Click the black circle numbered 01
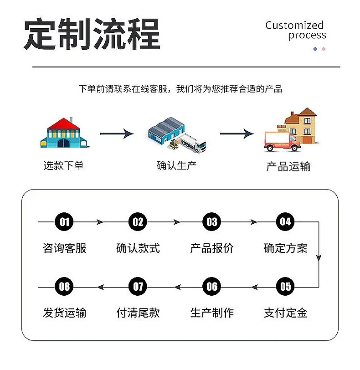pos(64,221)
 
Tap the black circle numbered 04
pos(285,221)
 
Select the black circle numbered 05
pos(285,287)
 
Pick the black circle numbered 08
pos(64,287)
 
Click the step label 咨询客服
pos(64,248)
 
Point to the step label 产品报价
pos(212,248)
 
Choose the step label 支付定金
pos(285,313)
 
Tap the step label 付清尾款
pos(138,313)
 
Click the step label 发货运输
pos(64,313)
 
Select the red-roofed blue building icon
pos(64,133)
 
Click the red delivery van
pos(282,141)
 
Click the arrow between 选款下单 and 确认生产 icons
pos(117,134)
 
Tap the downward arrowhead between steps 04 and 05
pos(319,258)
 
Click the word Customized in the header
pos(294,25)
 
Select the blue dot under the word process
pos(315,49)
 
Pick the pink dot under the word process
pos(324,49)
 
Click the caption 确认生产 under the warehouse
pos(176,165)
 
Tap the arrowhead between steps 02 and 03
pos(177,222)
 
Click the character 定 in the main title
pos(40,34)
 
